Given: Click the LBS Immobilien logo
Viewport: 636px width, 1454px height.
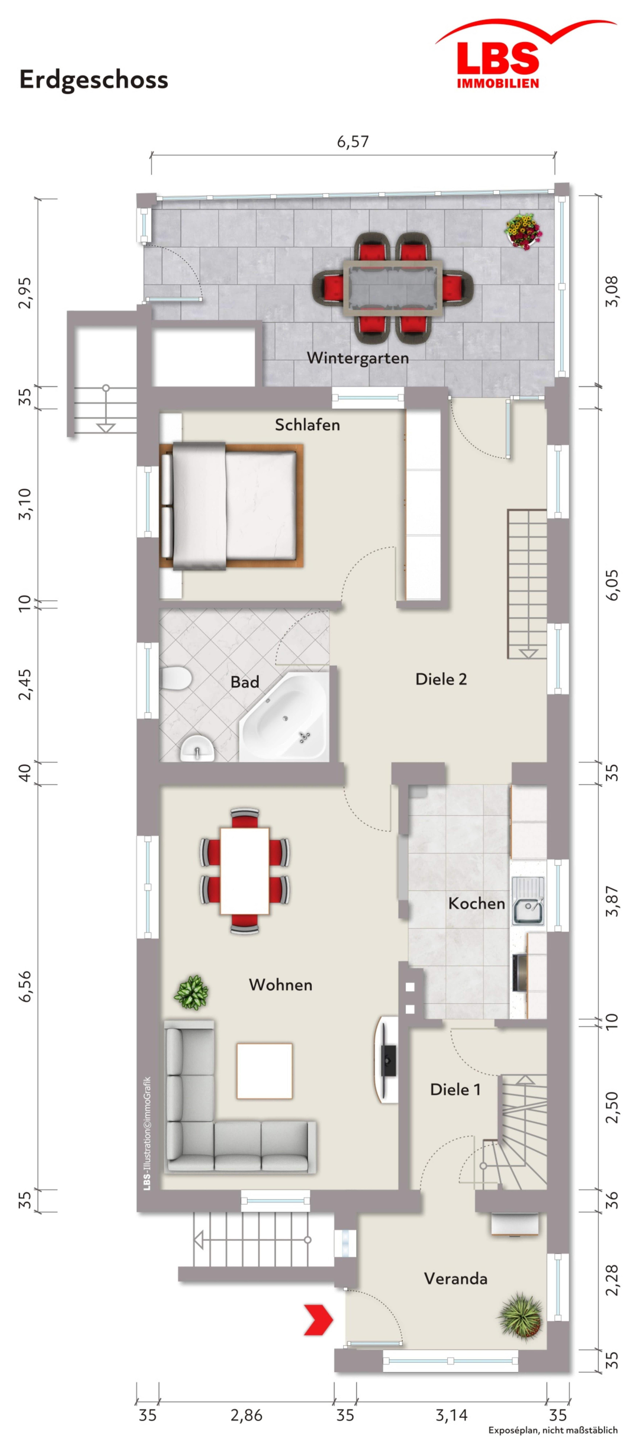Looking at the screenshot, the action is pos(525,54).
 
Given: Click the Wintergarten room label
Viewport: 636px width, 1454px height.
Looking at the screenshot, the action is pos(357,358).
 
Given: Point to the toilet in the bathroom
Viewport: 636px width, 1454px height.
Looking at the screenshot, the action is pos(176,678).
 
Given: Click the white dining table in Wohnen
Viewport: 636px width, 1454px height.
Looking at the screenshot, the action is pos(245,870).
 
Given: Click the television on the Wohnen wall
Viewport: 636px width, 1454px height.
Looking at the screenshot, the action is pos(387,1060).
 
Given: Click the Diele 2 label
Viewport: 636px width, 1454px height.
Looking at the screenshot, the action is pos(441,679).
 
